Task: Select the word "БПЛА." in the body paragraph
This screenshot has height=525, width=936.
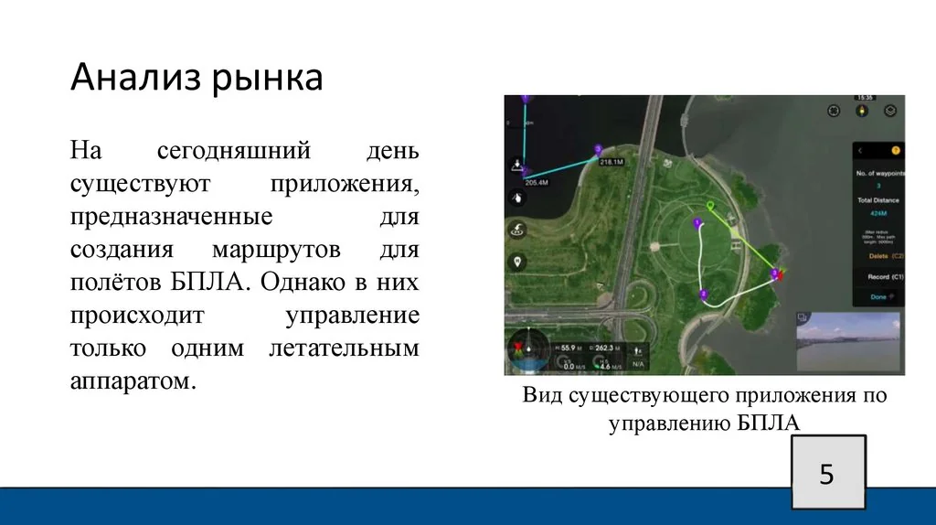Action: click(208, 280)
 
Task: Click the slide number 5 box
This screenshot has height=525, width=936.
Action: click(826, 475)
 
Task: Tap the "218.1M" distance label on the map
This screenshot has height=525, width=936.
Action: click(611, 162)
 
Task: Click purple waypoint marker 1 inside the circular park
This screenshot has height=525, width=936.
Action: click(697, 223)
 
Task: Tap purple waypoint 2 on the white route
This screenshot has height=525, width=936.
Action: click(702, 294)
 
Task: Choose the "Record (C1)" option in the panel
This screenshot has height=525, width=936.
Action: click(885, 276)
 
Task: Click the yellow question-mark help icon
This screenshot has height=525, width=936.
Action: click(895, 150)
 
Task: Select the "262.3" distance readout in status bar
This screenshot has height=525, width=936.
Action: click(606, 348)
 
